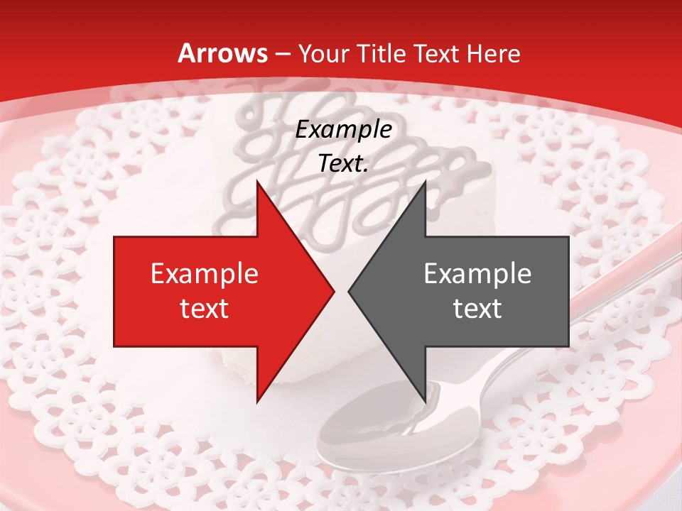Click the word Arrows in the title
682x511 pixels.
223,53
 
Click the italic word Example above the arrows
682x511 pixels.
344,130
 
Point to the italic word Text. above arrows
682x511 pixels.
344,164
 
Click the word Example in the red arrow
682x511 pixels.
205,273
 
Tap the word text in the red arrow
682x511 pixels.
205,308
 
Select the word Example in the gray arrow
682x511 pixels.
477,273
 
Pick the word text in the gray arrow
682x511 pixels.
477,308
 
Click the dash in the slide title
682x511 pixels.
283,54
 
